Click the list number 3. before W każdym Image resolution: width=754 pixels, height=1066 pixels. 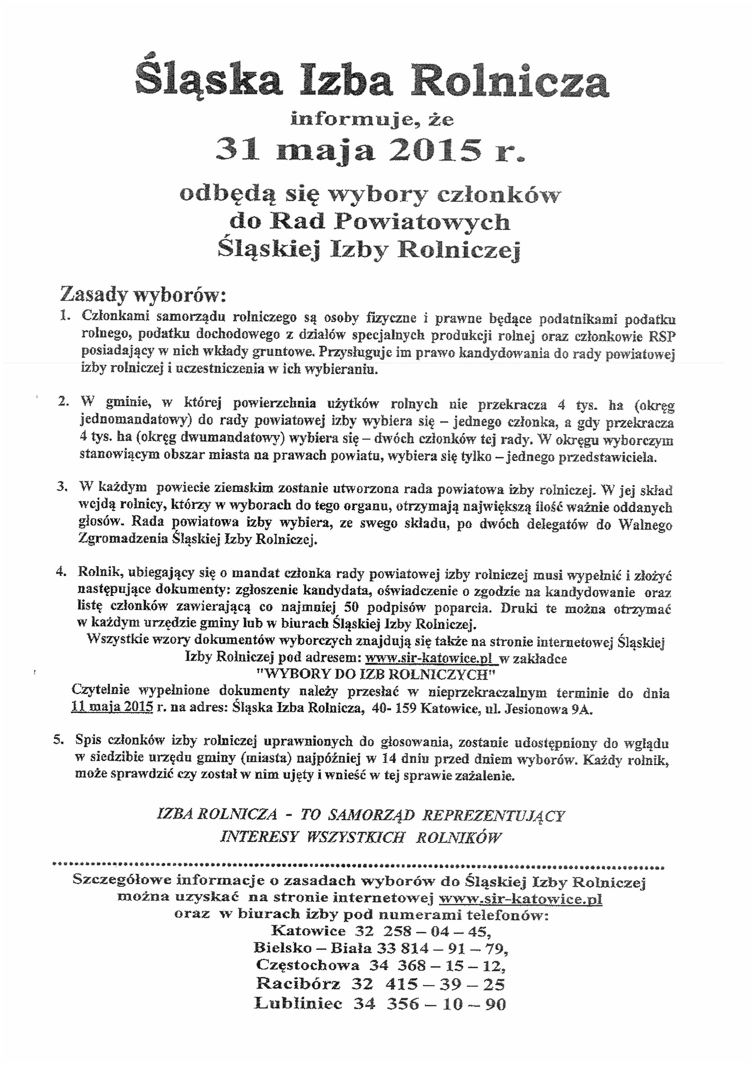tap(62, 487)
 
